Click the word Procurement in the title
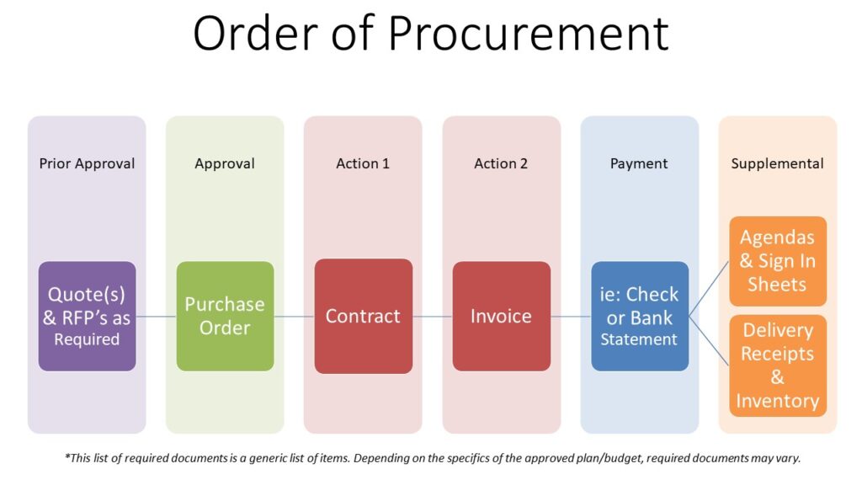[529, 34]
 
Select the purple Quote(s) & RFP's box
[87, 317]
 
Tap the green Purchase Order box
[225, 317]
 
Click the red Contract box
[364, 317]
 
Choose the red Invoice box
[502, 317]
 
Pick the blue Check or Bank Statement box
[640, 317]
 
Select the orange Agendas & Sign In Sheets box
[778, 261]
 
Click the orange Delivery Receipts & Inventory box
[778, 365]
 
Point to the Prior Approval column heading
[87, 164]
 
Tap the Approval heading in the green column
[225, 164]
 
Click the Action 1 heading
[363, 163]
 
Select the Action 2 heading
[501, 163]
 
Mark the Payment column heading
[639, 164]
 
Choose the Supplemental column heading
[777, 164]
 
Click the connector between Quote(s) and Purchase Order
[156, 317]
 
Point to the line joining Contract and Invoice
[433, 317]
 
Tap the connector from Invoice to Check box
[571, 317]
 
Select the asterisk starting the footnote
[67, 456]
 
